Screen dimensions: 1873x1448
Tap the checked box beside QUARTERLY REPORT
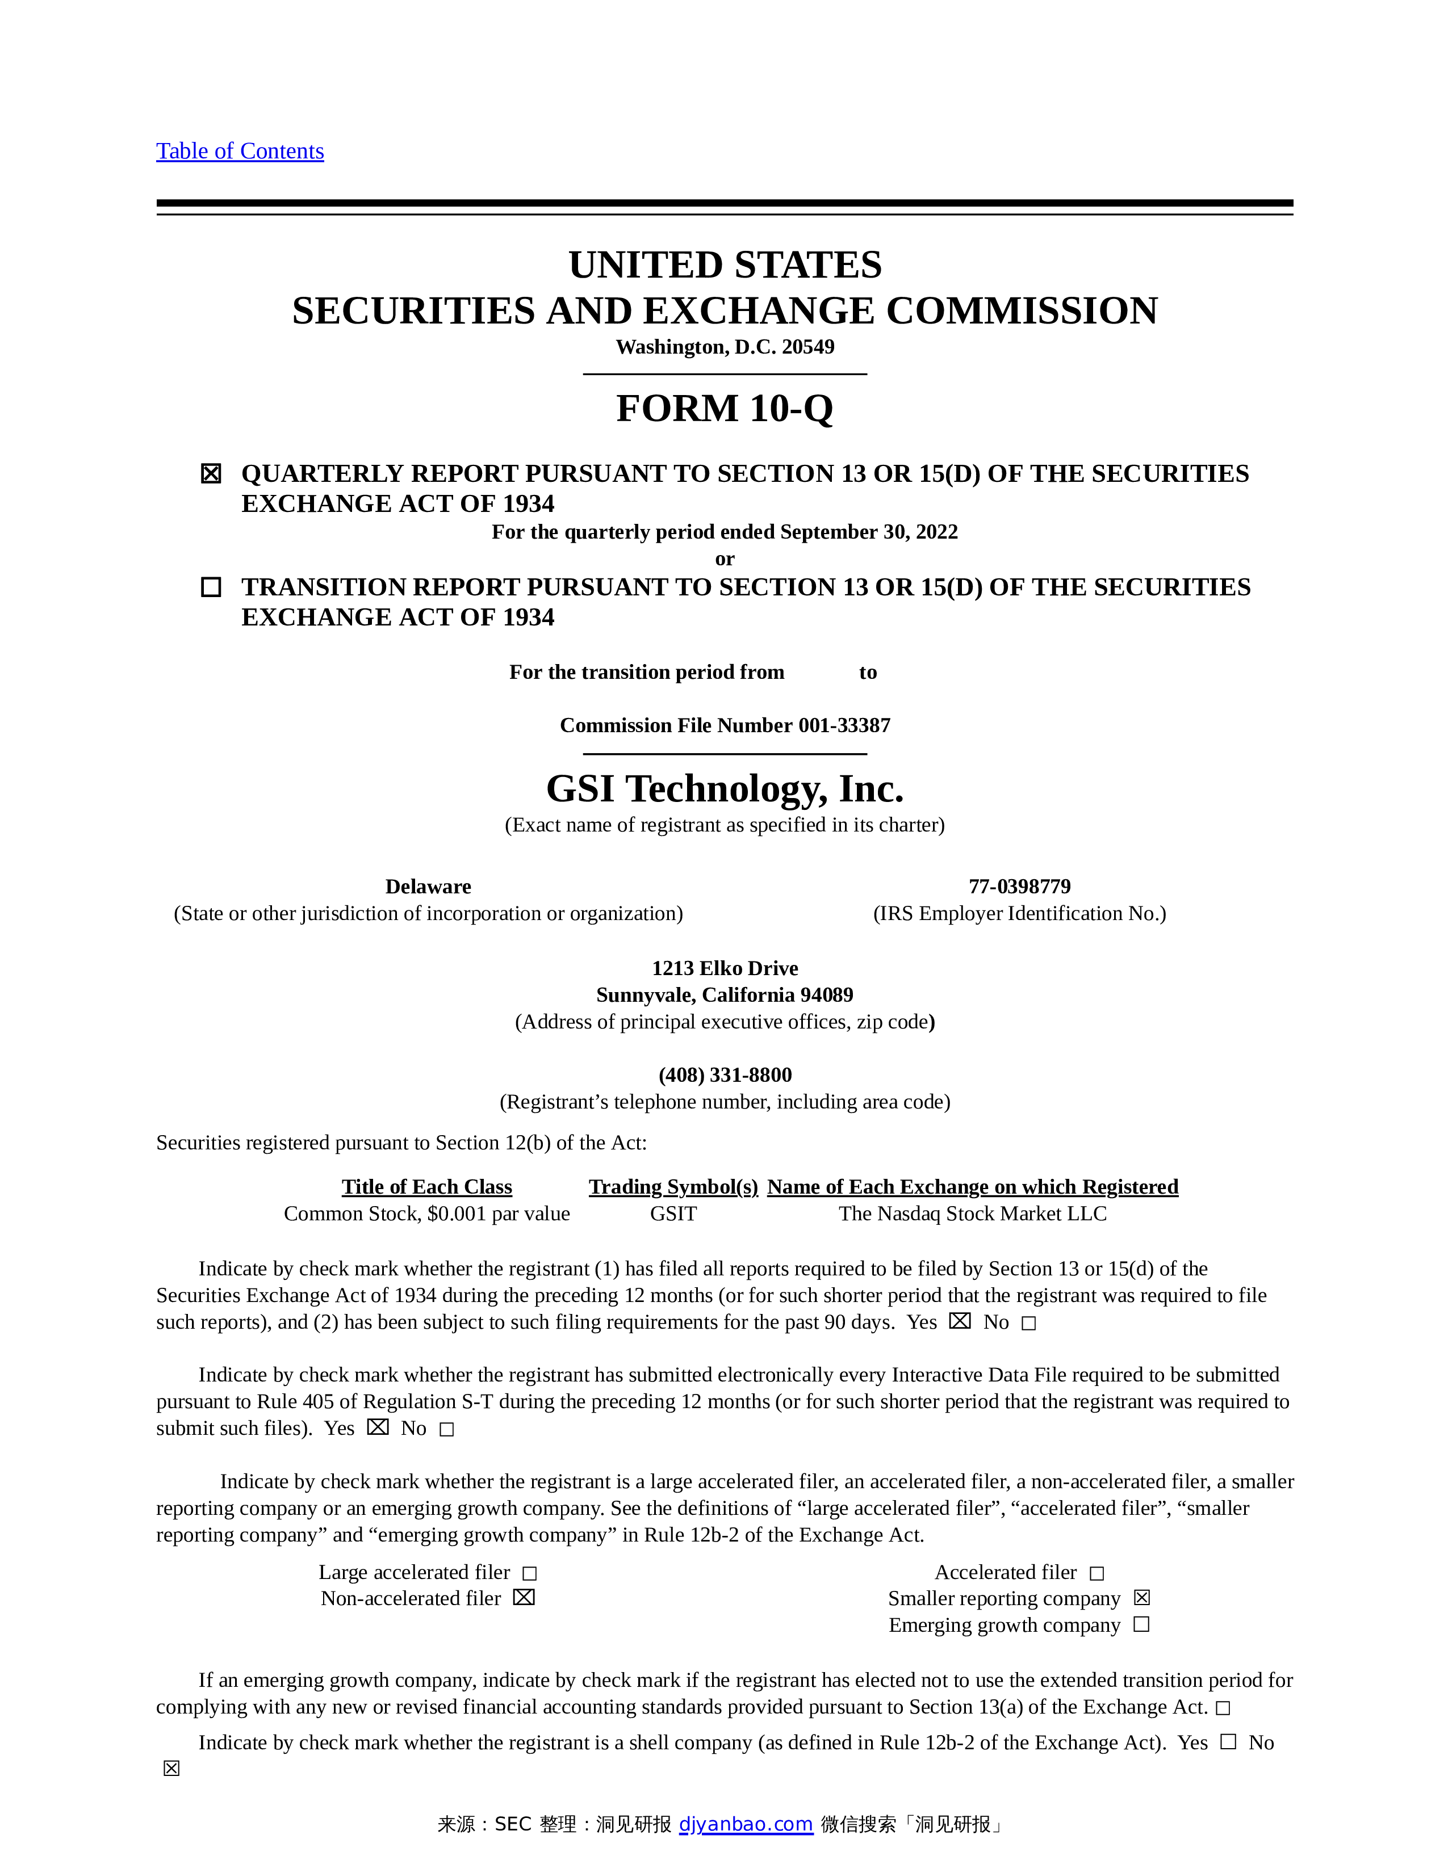coord(211,473)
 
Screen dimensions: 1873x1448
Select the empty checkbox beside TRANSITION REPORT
coord(211,587)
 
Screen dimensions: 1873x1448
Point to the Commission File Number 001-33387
coord(725,725)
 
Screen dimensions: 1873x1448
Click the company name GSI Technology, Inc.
coord(725,789)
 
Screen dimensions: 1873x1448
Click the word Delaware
coord(428,887)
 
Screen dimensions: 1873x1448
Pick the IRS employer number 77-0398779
coord(1019,887)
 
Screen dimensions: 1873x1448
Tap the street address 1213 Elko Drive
coord(725,968)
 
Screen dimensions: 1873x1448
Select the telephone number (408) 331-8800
coord(725,1076)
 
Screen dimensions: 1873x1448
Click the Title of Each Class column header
coord(426,1187)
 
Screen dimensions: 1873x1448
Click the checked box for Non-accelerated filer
coord(524,1598)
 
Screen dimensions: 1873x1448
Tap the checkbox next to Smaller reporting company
coord(1142,1598)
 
